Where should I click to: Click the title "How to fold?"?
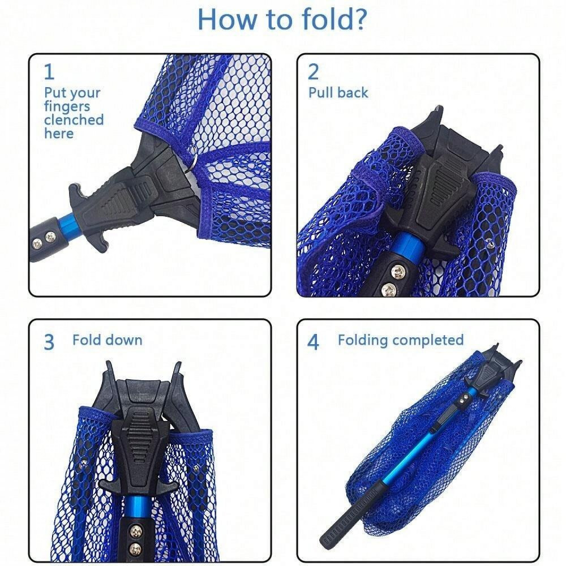(282, 19)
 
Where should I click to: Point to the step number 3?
(49, 342)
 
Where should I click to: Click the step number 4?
(314, 342)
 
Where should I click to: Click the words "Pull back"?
(338, 93)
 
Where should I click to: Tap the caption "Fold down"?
(107, 340)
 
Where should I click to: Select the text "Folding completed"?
(401, 340)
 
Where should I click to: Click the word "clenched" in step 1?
(74, 119)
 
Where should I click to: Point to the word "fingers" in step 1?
(67, 107)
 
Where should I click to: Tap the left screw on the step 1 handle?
(37, 244)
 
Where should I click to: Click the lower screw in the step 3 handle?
(136, 547)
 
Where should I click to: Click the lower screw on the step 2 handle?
(388, 289)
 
